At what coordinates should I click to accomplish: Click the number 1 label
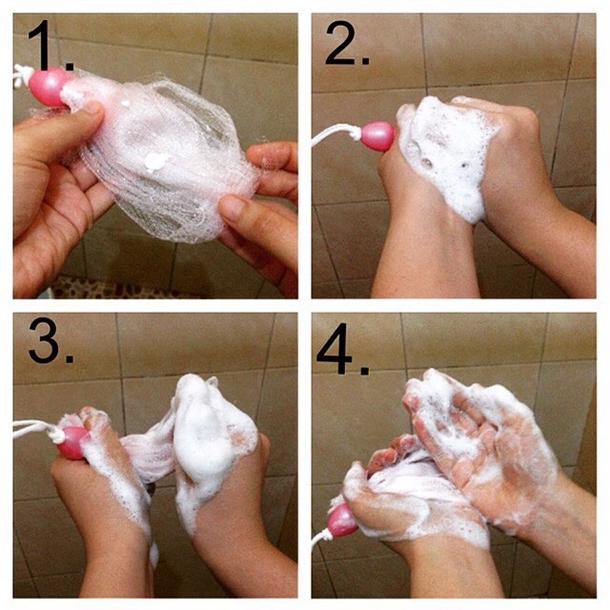(x=50, y=45)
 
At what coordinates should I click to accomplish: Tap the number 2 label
(x=347, y=43)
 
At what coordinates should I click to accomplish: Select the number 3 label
(x=51, y=340)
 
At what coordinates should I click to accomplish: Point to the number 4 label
(x=342, y=349)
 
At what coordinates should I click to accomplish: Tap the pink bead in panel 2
(x=377, y=136)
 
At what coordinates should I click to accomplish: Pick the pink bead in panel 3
(x=73, y=442)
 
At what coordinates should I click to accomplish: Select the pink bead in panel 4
(x=342, y=519)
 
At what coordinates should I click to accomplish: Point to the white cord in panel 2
(x=336, y=135)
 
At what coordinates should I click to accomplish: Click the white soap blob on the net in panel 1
(x=155, y=161)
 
